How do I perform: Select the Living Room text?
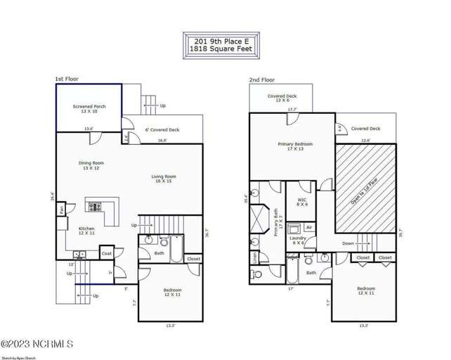click(x=164, y=176)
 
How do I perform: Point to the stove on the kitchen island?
click(x=93, y=207)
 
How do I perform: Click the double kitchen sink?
click(x=79, y=254)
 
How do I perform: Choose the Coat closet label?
click(x=107, y=253)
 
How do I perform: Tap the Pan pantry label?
click(x=63, y=209)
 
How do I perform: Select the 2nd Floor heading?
click(x=261, y=80)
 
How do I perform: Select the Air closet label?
click(x=309, y=228)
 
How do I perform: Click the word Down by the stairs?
click(x=348, y=244)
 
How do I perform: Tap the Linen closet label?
click(x=254, y=257)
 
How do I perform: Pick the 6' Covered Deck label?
click(x=162, y=129)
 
